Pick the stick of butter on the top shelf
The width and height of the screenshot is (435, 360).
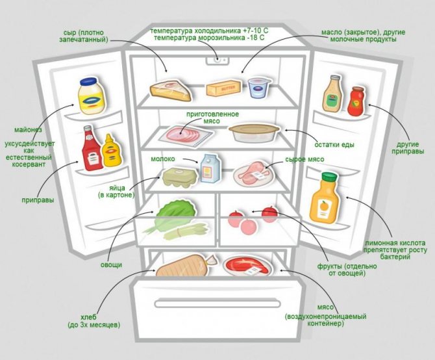point(223,88)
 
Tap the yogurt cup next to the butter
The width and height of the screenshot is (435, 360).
point(259,87)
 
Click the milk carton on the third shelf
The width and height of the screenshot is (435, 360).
point(208,168)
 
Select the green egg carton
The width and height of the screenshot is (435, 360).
point(177,177)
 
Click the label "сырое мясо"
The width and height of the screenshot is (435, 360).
point(304,159)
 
